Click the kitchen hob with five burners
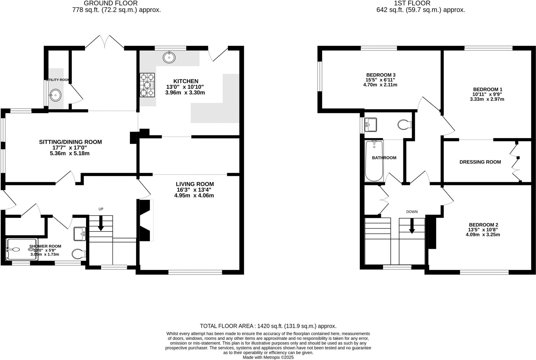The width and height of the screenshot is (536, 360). coord(147,85)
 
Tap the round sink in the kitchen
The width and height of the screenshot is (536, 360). coord(169,57)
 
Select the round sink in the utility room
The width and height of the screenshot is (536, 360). coord(55,95)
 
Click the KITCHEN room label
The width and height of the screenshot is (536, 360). coord(186,81)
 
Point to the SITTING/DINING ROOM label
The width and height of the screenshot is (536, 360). coord(70,142)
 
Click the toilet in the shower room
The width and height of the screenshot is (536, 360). coord(79,254)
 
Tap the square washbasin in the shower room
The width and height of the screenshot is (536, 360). coord(80,234)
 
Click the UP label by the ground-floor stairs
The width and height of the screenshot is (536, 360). coord(101,209)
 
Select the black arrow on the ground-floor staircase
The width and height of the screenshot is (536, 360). coord(101,225)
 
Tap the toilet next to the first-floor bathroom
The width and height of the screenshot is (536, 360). coord(404,125)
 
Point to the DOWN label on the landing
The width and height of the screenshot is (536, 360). coord(412,212)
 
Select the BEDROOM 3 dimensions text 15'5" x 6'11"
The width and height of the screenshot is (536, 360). coord(380,80)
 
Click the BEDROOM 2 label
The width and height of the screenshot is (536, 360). coord(483,225)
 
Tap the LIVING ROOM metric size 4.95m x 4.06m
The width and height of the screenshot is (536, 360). coord(194,195)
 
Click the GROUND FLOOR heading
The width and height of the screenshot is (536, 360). coord(110,3)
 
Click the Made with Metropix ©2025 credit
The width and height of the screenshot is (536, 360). coord(268,357)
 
